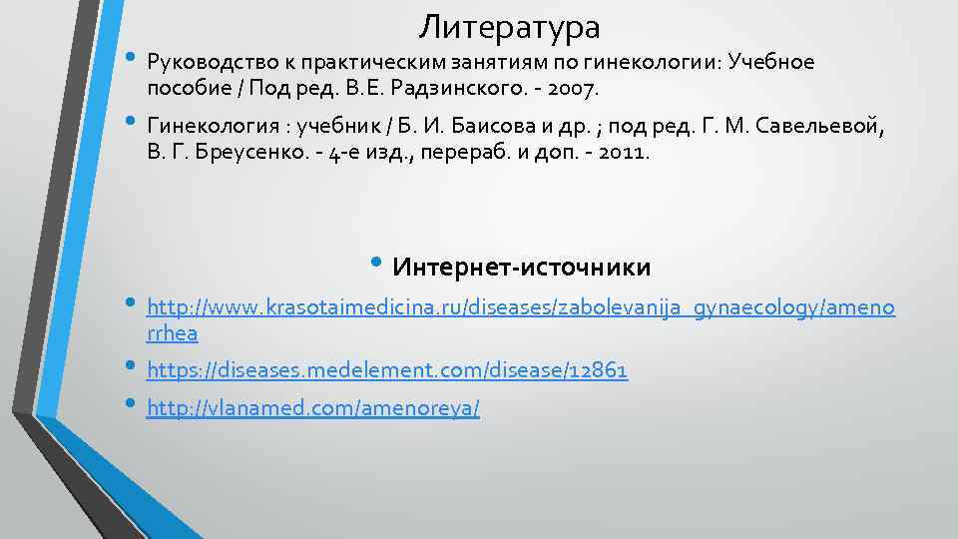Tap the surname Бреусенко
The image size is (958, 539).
pyautogui.click(x=239, y=154)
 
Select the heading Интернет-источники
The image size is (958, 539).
pyautogui.click(x=522, y=268)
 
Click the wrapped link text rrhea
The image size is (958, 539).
pyautogui.click(x=172, y=333)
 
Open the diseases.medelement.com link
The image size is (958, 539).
pyautogui.click(x=387, y=370)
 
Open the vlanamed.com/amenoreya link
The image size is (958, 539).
pyautogui.click(x=312, y=408)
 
